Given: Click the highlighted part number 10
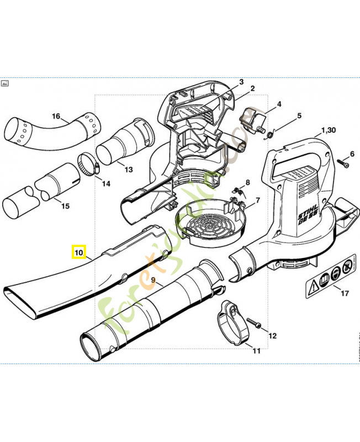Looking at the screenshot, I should pos(78,254).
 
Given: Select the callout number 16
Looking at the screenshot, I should pos(56,116).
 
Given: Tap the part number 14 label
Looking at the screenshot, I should pos(105,183).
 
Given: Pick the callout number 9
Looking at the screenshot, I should pos(153,279).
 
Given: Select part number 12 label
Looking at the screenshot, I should pos(272,335).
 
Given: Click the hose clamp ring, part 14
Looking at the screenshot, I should pos(87,164).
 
